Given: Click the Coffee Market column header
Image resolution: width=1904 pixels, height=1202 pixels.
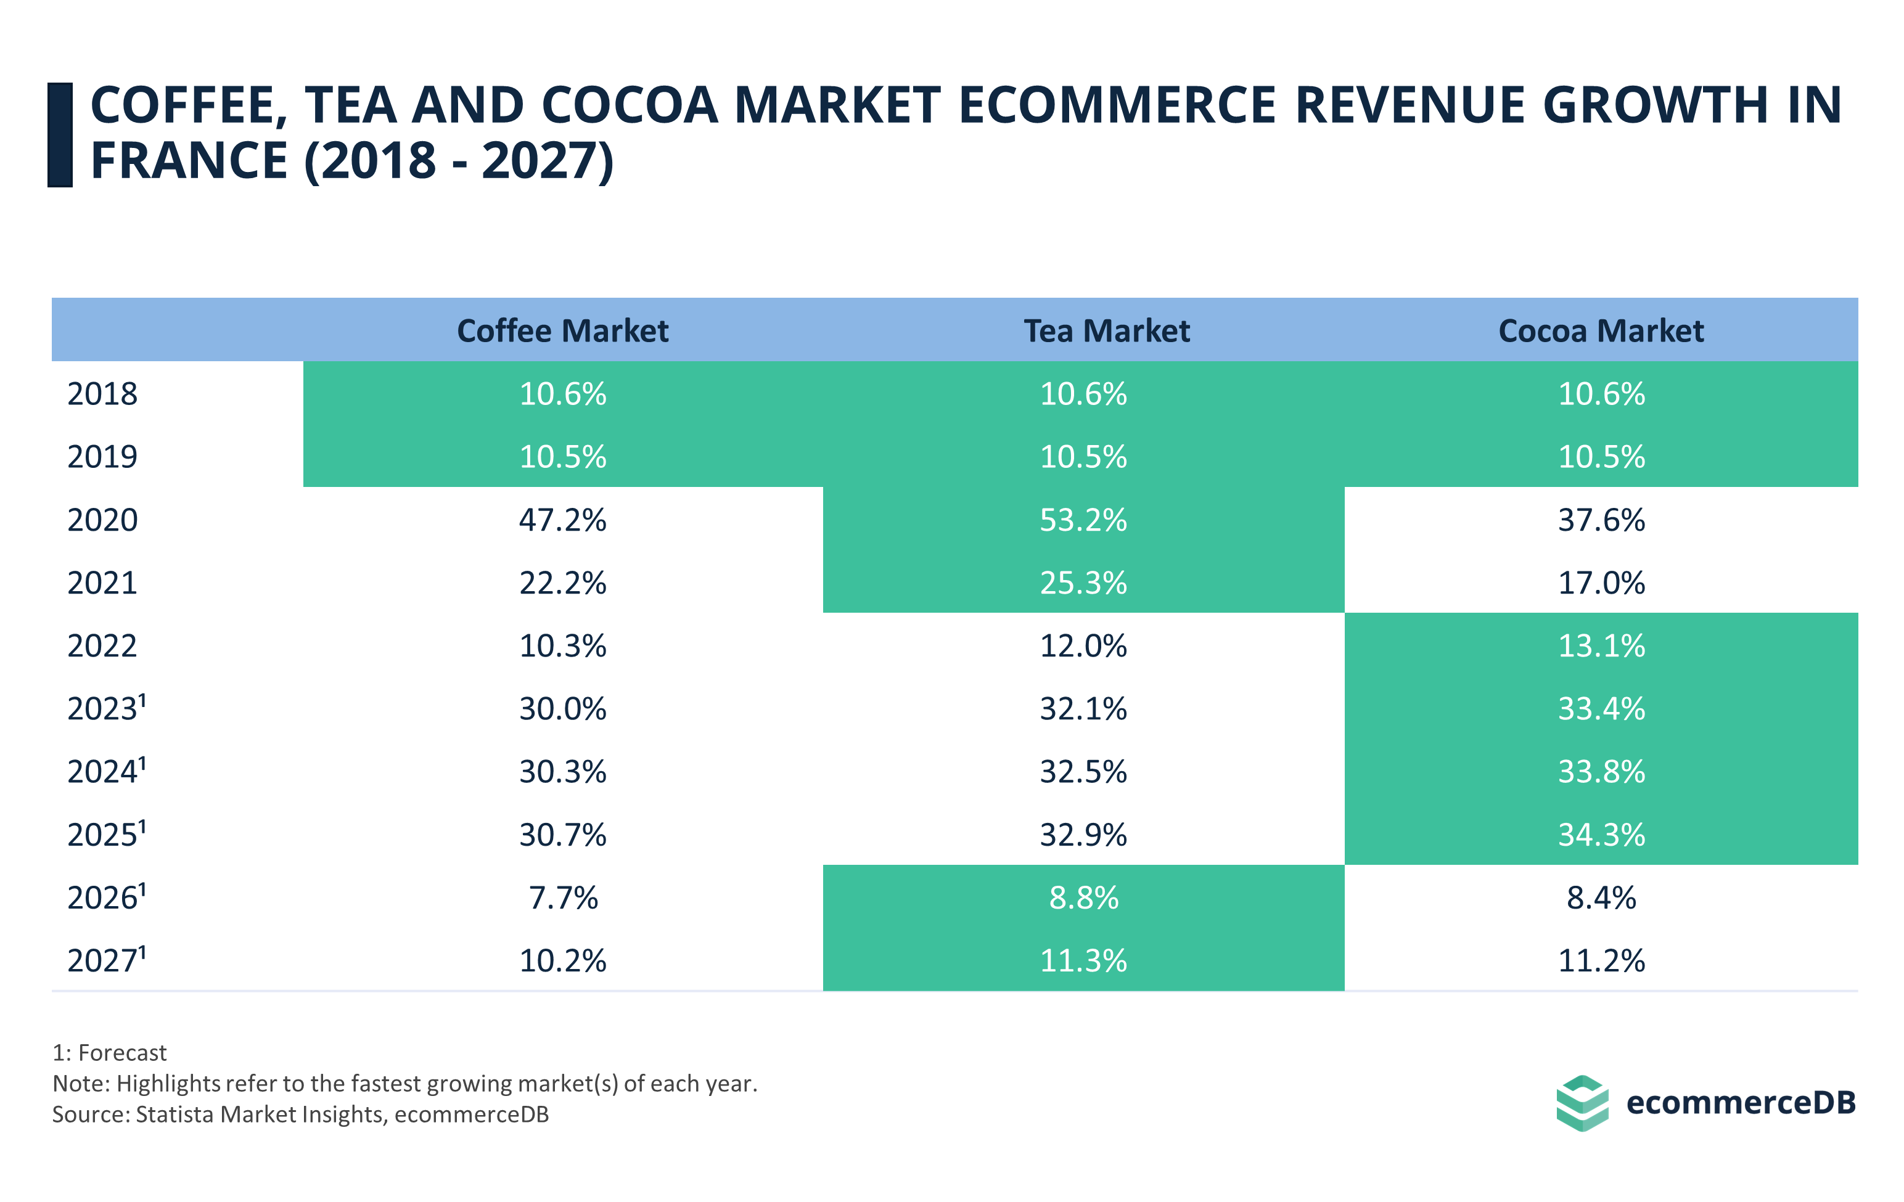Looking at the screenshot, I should [562, 330].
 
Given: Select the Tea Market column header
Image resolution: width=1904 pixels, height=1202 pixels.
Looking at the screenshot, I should [1106, 330].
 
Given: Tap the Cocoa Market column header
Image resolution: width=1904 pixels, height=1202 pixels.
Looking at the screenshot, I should [1601, 330].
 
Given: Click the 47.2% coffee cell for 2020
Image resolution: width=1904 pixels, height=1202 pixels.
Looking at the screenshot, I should [562, 520].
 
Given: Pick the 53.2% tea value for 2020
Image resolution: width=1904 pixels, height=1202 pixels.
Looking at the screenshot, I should [1083, 520].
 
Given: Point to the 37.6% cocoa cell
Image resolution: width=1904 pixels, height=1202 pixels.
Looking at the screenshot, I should [1601, 520].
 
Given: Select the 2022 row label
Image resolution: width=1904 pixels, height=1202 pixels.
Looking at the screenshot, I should [102, 645].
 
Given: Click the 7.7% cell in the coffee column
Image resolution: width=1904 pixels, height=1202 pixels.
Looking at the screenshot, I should [562, 897].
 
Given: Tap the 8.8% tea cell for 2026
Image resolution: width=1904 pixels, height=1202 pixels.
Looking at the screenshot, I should [1083, 897].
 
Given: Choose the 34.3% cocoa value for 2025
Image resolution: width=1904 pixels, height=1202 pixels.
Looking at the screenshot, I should [1601, 835].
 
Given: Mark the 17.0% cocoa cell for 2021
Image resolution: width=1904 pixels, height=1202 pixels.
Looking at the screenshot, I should [1601, 583].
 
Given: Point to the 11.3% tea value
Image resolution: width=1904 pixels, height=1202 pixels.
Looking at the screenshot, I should [1083, 960].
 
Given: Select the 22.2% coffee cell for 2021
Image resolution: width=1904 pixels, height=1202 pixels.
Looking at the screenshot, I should [562, 583].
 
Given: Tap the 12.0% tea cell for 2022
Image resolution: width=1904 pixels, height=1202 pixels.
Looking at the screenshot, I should [1083, 645].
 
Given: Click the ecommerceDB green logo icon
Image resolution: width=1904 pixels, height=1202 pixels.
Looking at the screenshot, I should [1582, 1102].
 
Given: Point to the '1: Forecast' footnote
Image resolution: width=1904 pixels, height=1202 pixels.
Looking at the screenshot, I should [109, 1053].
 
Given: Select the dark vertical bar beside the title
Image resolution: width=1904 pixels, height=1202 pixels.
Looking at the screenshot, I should [60, 134].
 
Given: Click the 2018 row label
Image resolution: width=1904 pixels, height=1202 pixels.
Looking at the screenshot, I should [102, 393].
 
